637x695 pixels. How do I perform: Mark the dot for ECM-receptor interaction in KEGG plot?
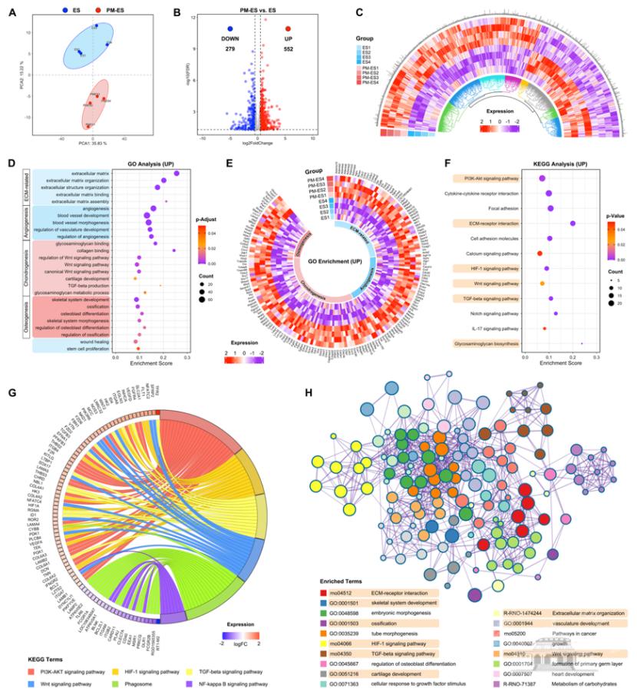[573, 223]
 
